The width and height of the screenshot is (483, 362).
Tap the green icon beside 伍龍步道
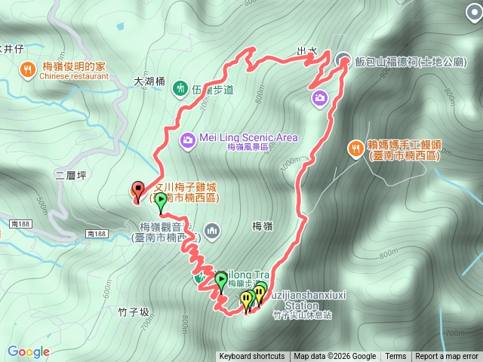tap(180, 88)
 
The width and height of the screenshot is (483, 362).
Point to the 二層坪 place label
tap(72, 175)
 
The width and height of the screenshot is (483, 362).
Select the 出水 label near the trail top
tap(306, 51)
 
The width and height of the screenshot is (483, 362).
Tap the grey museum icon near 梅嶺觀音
tap(213, 229)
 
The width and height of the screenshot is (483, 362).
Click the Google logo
tap(28, 351)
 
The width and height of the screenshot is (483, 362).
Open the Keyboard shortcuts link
tap(252, 357)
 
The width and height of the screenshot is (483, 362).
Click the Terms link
tap(395, 357)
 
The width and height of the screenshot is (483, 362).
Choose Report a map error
tap(446, 357)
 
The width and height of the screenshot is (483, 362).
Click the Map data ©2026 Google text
tap(334, 357)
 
